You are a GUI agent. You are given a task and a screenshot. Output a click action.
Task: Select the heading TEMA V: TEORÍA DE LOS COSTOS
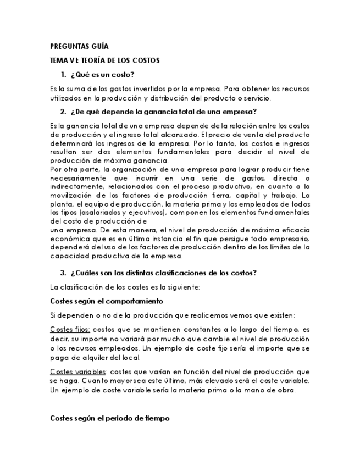pos(105,60)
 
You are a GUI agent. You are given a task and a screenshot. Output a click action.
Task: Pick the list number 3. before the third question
pos(63,273)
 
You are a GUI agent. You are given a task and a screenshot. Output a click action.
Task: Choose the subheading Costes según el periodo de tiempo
pos(110,418)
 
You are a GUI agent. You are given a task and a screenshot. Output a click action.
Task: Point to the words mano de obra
pos(273,390)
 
